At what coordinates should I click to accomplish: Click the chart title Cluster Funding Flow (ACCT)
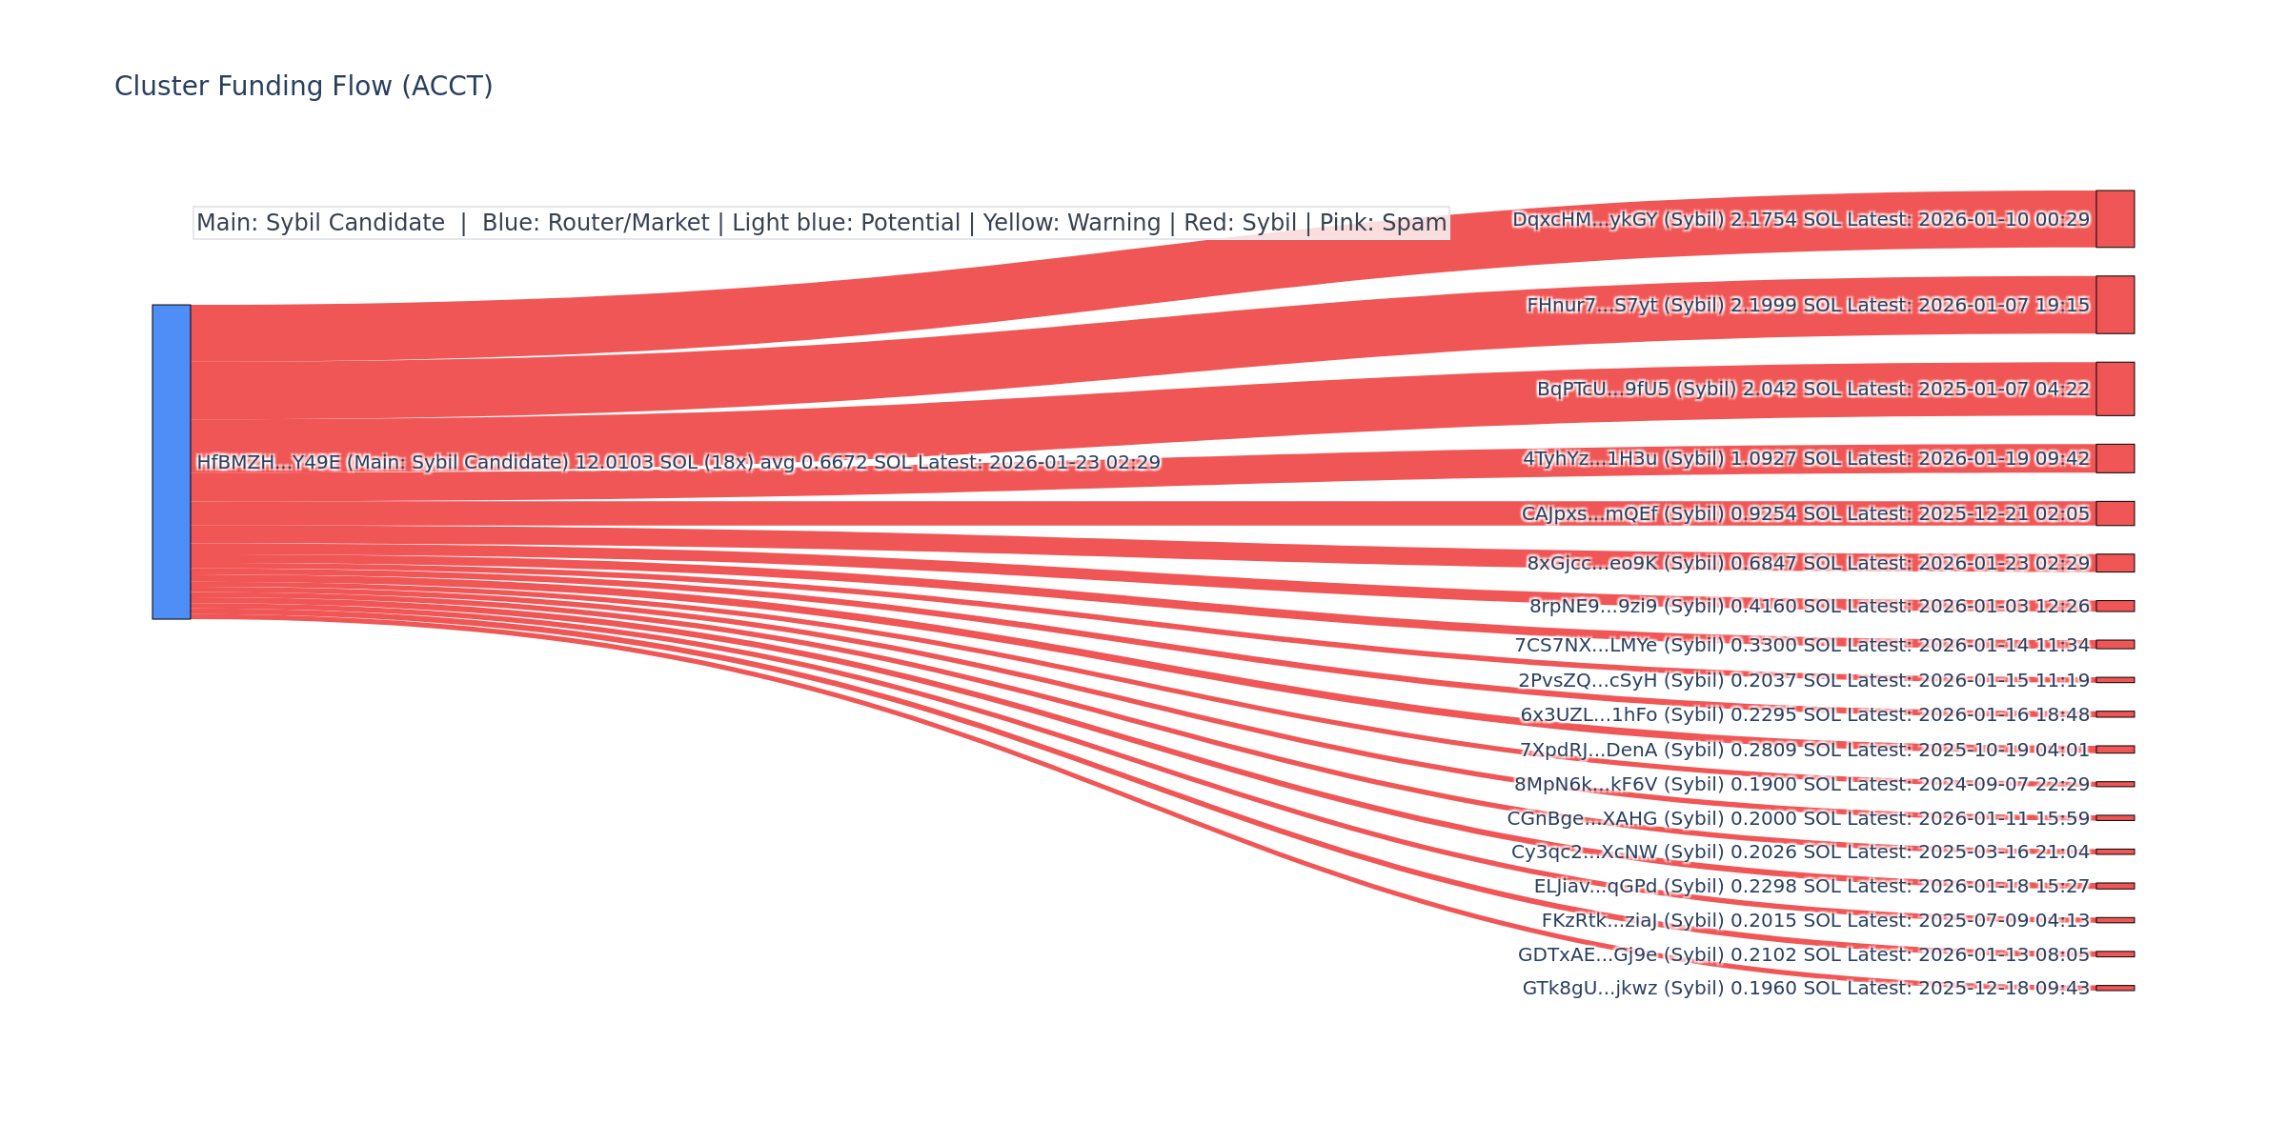303,87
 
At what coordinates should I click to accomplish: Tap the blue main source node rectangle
172,462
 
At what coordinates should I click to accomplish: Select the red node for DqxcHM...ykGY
2115,219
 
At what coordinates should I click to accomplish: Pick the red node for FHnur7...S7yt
2115,305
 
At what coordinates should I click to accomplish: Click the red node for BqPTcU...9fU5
2115,389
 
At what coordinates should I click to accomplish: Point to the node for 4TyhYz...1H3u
2115,458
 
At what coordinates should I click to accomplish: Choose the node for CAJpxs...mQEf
2115,513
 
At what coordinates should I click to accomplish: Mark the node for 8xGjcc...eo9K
2115,563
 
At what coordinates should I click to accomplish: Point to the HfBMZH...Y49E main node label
678,463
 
